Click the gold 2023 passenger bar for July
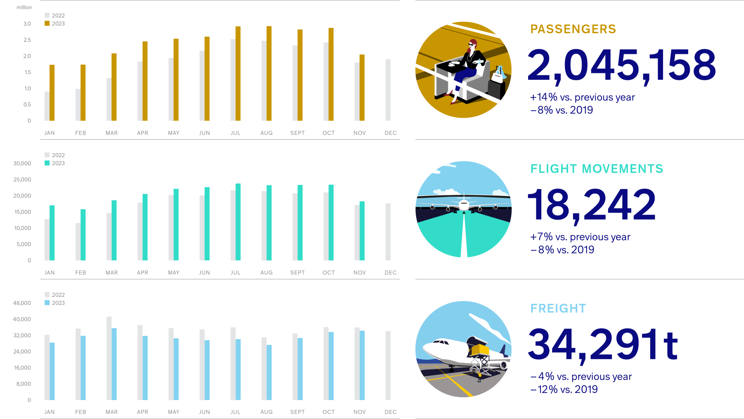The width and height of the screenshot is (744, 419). pos(238,73)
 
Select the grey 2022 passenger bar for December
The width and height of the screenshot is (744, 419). pos(388,90)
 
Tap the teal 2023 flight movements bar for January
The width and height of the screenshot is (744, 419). pos(52,233)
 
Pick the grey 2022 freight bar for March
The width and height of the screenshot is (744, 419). pos(109,358)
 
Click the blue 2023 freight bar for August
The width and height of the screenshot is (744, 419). pos(269,372)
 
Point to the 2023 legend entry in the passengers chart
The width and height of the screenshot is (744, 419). pos(55,24)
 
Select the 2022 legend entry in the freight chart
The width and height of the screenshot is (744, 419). pos(55,295)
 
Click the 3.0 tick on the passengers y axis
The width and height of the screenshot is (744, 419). pos(27,24)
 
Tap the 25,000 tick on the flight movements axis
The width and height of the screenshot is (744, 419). pos(22,180)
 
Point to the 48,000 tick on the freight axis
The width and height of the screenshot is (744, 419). pos(22,303)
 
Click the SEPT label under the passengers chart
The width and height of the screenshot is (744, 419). pos(298,133)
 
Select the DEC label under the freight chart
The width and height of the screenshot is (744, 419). pos(391,412)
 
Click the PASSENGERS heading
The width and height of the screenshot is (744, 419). pos(573,29)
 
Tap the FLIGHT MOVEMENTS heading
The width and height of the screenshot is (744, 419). pos(597,169)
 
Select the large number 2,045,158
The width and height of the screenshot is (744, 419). pos(622,66)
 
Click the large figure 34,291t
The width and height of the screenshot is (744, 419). pos(603,345)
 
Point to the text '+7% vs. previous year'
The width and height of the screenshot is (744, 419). pos(580,237)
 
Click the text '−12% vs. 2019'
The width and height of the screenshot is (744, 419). pos(564,389)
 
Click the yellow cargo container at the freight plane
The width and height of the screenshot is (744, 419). pos(480,350)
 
